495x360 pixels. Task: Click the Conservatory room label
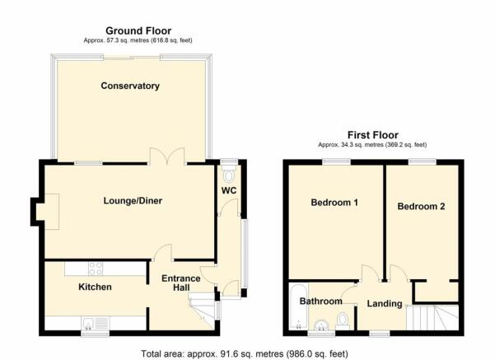click(129, 86)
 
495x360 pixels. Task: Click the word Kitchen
click(95, 287)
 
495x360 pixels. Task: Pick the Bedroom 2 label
click(421, 206)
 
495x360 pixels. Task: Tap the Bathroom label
click(320, 302)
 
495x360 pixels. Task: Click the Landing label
click(385, 304)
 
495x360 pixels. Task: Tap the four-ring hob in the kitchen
click(95, 268)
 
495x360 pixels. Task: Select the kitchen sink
click(91, 322)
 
